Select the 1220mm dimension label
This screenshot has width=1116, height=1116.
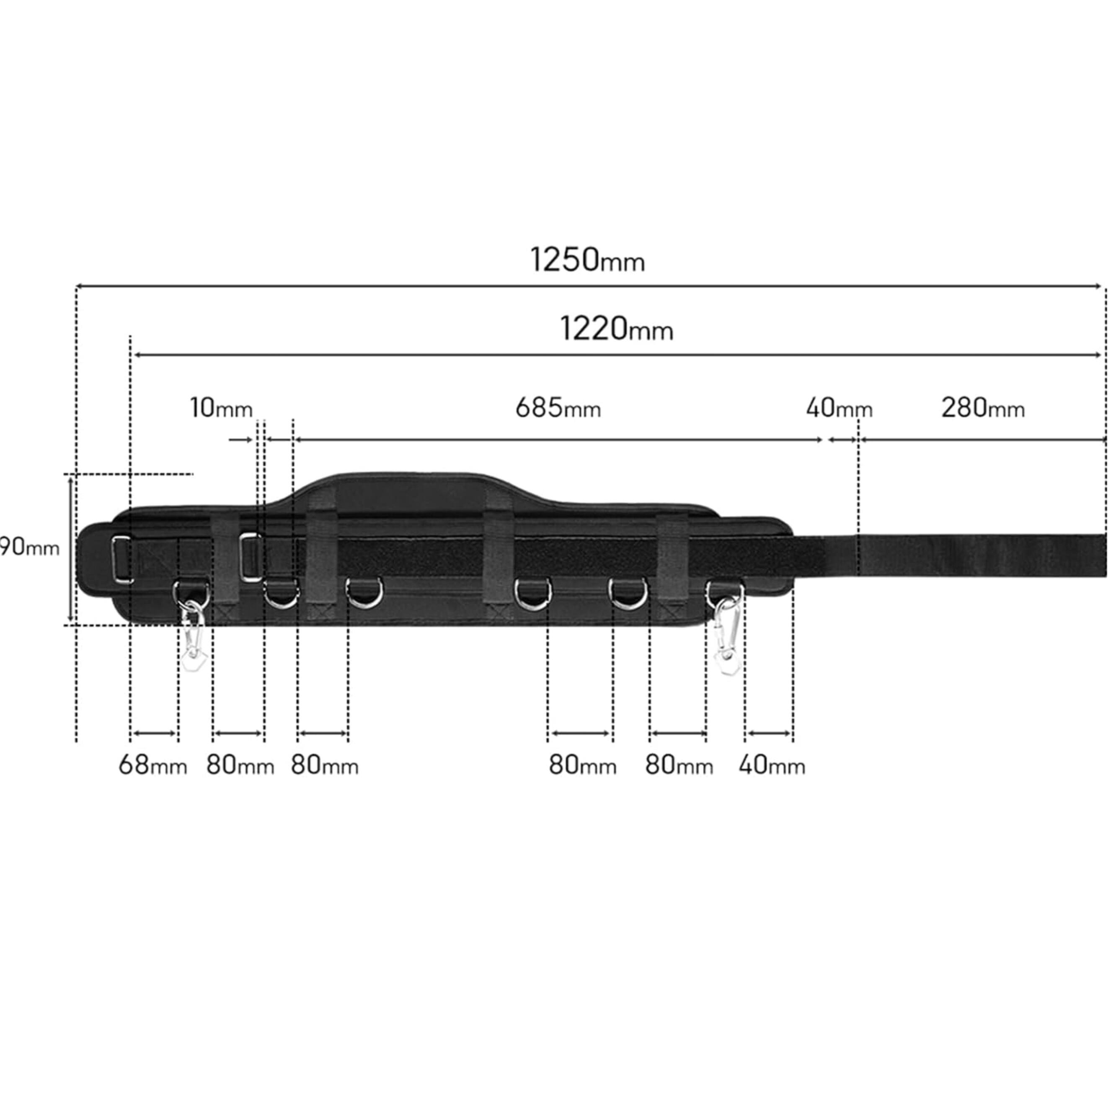tap(616, 330)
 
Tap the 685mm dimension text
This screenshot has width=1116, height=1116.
tap(558, 409)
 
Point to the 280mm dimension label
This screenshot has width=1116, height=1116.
tap(982, 409)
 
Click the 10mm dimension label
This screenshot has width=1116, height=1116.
tap(221, 409)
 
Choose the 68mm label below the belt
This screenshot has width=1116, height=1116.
tap(152, 766)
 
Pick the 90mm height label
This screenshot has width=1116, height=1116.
tap(29, 548)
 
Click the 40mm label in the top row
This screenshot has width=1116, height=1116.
tap(839, 409)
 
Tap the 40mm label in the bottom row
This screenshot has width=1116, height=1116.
tap(771, 766)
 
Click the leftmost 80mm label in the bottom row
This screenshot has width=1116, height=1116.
tap(240, 766)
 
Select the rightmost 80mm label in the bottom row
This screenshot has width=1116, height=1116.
tap(679, 766)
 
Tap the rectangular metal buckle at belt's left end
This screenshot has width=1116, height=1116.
tap(122, 560)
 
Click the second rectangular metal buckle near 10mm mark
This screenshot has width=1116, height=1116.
tap(250, 558)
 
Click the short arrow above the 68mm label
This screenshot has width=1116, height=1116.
tap(154, 734)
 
